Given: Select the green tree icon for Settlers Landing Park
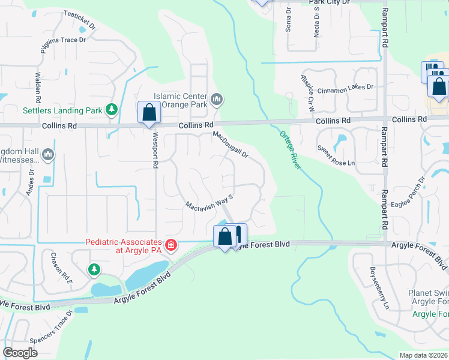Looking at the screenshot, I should (x=111, y=109).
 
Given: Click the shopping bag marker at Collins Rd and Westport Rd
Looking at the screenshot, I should (x=148, y=112).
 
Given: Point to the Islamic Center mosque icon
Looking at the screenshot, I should (x=217, y=98).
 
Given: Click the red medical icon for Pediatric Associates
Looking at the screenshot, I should (x=171, y=245).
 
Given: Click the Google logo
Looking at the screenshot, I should (x=20, y=352).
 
